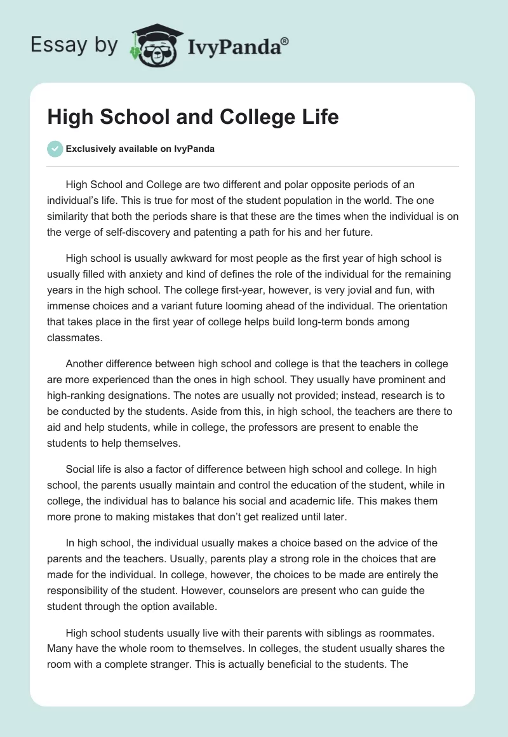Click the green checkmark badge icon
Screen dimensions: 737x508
tap(55, 149)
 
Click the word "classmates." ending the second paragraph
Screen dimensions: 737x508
tap(75, 338)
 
